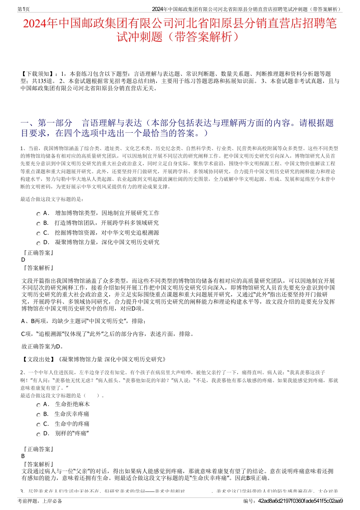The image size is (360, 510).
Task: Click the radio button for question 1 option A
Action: (38, 214)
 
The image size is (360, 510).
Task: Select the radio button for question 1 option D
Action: (38, 243)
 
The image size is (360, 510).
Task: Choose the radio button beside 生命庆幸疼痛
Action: (38, 415)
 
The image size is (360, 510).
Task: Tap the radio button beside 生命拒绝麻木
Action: (38, 405)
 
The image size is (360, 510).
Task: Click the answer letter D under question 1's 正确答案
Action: (23, 260)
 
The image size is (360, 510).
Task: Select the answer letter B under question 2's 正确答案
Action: (23, 456)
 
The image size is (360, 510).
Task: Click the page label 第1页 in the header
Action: (24, 9)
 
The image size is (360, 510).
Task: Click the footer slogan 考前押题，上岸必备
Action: (40, 501)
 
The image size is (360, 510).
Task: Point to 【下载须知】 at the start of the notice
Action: (38, 74)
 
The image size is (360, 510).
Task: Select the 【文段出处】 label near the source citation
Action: (38, 359)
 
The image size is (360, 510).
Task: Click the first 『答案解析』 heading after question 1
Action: (38, 268)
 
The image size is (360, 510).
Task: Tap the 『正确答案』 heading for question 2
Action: (38, 449)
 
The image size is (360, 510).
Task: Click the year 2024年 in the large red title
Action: (40, 24)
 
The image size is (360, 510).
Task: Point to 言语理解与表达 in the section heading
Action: (112, 123)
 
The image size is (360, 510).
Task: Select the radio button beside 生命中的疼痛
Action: (38, 425)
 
